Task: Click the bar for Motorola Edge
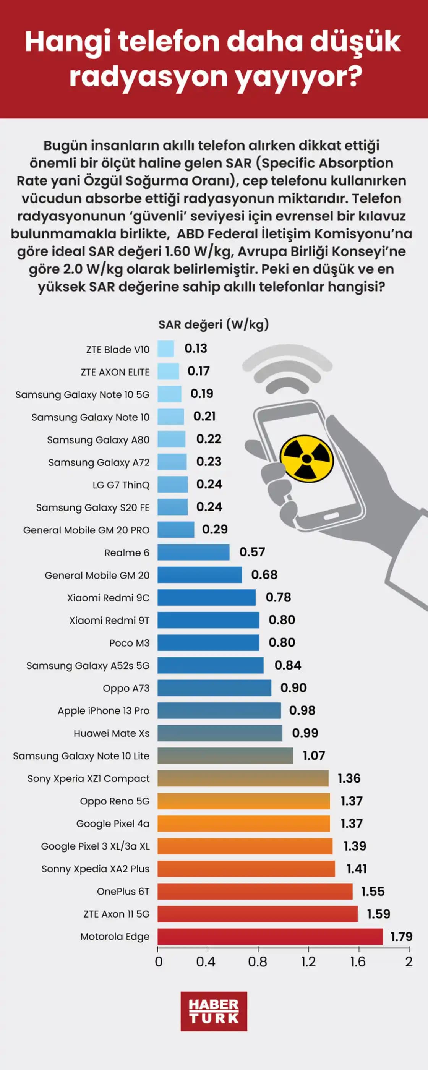tap(270, 937)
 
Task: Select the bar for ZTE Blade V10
tap(165, 349)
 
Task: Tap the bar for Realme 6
tap(193, 552)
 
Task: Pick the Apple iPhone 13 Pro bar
tap(219, 710)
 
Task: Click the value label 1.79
tap(401, 937)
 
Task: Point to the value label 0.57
tap(252, 552)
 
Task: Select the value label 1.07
tap(314, 755)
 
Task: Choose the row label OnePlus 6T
tap(123, 892)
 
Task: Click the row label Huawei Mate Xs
tap(111, 733)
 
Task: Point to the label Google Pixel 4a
tap(113, 824)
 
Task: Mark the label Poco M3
tap(129, 643)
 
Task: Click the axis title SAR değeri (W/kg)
tap(214, 324)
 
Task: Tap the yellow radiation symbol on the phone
tap(306, 459)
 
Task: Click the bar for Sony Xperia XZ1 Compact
tap(243, 778)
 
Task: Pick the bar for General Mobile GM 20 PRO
tap(176, 530)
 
